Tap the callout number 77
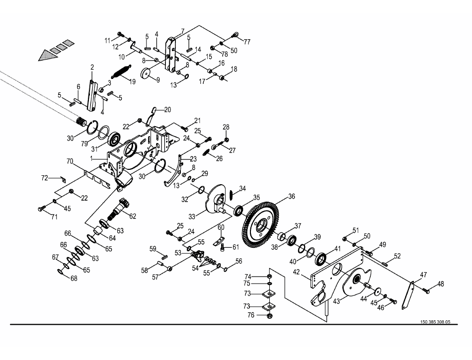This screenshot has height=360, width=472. click(x=247, y=42)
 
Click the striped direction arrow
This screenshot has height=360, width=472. click(x=55, y=51)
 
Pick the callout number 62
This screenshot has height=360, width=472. click(x=133, y=216)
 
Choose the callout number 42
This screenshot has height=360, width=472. click(x=297, y=272)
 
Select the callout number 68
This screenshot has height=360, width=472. click(x=74, y=279)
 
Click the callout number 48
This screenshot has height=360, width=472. click(x=441, y=284)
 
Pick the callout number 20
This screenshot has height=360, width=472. click(x=167, y=109)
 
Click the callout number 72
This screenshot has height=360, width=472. click(x=44, y=177)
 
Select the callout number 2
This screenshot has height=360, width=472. click(x=92, y=67)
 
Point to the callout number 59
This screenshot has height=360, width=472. click(x=153, y=248)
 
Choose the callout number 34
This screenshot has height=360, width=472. click(x=242, y=188)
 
